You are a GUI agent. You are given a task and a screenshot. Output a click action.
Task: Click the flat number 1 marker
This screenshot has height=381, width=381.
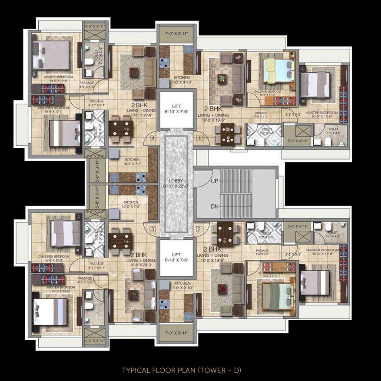199,138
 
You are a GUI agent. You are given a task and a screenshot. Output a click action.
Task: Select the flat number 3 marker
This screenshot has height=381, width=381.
152,229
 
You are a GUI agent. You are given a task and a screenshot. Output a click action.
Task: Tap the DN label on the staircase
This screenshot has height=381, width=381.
215,207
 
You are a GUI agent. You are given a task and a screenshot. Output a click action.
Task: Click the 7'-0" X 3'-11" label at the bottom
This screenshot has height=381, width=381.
176,334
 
